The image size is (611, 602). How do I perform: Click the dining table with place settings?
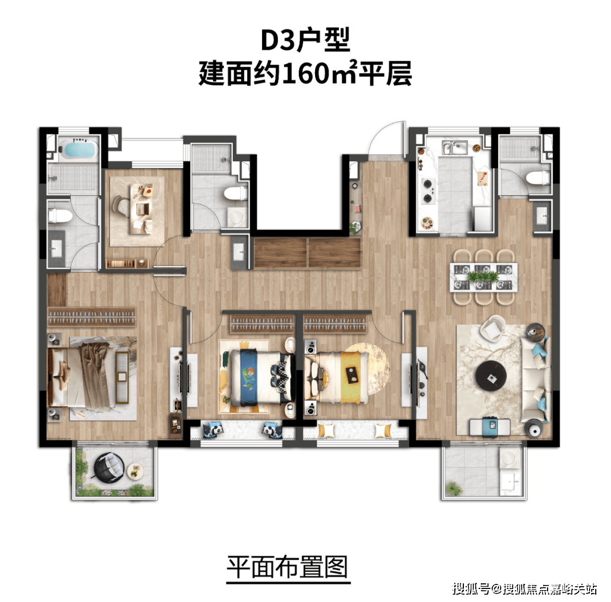click(484, 277)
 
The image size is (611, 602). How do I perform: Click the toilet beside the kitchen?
click(538, 178)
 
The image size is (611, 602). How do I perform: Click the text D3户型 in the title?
click(305, 40)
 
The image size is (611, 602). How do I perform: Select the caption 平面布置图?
click(287, 567)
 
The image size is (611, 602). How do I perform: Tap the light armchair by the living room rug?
click(493, 328)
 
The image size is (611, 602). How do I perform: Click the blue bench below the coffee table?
click(490, 427)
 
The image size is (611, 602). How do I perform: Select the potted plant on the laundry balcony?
click(453, 488)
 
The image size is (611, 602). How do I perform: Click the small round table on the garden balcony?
click(135, 471)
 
